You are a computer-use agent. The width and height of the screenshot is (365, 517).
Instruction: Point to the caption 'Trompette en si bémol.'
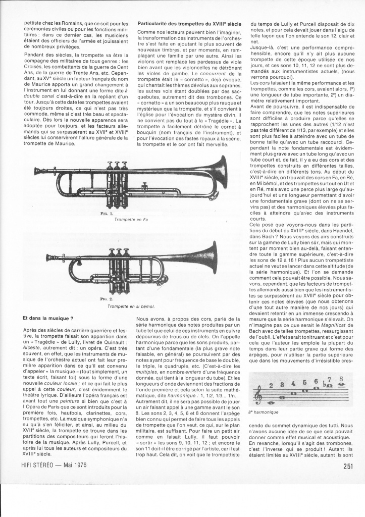131,306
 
